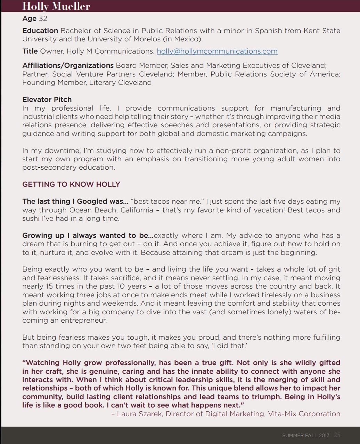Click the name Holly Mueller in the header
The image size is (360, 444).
point(56,6)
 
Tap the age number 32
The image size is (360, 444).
point(43,18)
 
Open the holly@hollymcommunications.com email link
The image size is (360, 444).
point(217,51)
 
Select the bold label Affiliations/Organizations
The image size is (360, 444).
point(68,65)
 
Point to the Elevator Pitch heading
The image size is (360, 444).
point(47,99)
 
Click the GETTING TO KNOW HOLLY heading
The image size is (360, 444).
point(71,184)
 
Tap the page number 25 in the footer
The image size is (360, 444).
point(337,435)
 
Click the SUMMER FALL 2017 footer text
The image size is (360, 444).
point(305,435)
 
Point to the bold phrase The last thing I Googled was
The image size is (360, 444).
point(75,201)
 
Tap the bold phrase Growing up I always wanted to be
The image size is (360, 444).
point(88,235)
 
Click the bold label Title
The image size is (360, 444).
point(30,51)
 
